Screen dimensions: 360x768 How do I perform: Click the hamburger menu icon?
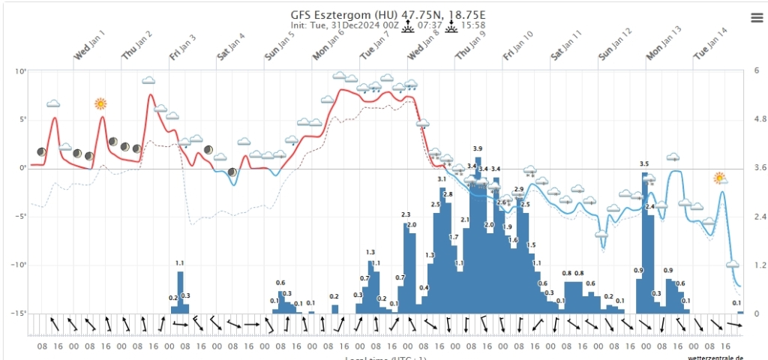click(756, 17)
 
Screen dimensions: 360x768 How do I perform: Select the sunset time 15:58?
click(472, 25)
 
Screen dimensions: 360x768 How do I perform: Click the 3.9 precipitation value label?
click(478, 148)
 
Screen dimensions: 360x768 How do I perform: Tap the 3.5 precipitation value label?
click(644, 163)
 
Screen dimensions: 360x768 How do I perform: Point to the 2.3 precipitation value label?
click(406, 215)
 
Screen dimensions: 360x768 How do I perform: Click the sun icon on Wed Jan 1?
click(100, 103)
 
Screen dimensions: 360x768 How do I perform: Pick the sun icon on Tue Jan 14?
click(720, 178)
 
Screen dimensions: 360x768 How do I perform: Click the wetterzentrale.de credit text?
click(715, 357)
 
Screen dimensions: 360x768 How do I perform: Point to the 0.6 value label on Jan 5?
click(280, 283)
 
